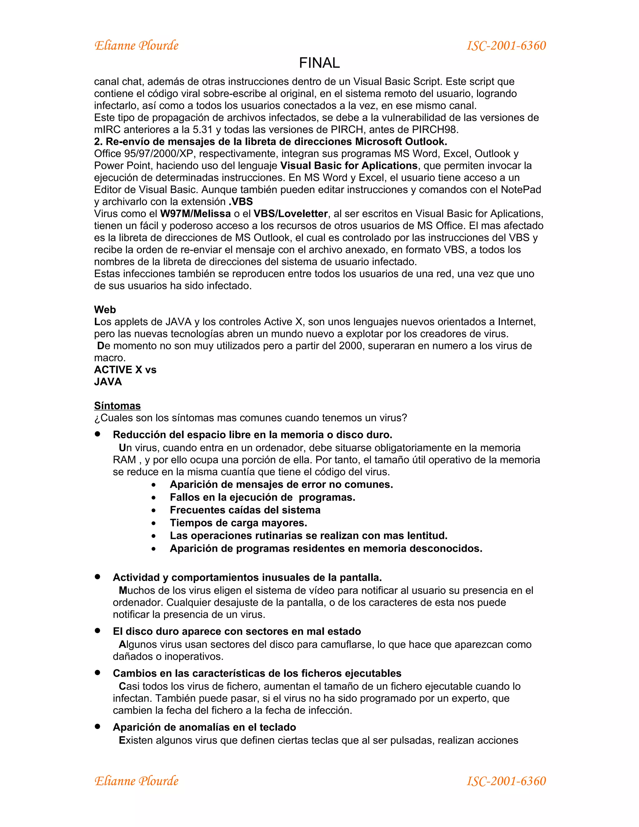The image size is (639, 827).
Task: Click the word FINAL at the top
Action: click(319, 63)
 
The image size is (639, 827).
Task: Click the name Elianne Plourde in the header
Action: click(136, 46)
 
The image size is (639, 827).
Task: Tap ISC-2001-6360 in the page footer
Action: click(506, 781)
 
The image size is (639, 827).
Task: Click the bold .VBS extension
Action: click(241, 202)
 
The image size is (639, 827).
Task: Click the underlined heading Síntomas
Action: click(117, 406)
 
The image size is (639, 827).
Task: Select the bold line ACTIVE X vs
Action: click(125, 369)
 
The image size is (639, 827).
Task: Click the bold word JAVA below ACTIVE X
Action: click(108, 382)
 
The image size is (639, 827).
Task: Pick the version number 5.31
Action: click(202, 130)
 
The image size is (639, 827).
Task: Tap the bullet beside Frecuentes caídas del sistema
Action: click(153, 511)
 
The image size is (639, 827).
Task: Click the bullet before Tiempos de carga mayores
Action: click(153, 523)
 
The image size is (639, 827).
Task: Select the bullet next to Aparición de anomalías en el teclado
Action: click(98, 726)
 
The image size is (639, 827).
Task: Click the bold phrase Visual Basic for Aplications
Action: click(349, 165)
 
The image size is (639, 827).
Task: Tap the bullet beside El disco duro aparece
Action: click(98, 630)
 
